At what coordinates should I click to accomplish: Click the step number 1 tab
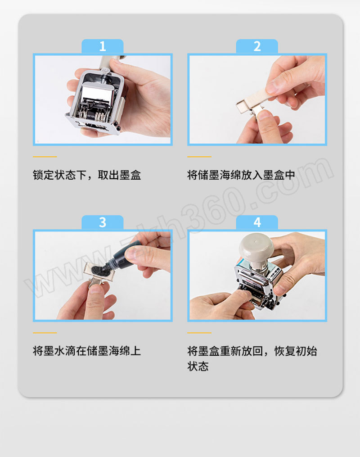(x=103, y=46)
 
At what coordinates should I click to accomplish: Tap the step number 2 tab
(x=257, y=46)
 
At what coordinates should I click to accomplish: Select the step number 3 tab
(x=103, y=222)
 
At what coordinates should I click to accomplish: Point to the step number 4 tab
(x=257, y=222)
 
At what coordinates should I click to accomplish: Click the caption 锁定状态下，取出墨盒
(x=87, y=175)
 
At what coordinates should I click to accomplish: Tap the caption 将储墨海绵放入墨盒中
(x=241, y=175)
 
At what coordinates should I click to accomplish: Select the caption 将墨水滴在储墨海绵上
(x=87, y=351)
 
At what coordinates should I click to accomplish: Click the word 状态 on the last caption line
(x=198, y=367)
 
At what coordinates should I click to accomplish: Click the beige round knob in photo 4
(x=256, y=248)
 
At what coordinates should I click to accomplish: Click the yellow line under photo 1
(x=45, y=157)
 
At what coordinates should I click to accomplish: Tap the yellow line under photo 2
(x=199, y=157)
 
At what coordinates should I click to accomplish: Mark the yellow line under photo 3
(x=45, y=333)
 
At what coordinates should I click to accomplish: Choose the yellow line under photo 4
(x=199, y=333)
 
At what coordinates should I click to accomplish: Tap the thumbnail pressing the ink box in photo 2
(x=263, y=115)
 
